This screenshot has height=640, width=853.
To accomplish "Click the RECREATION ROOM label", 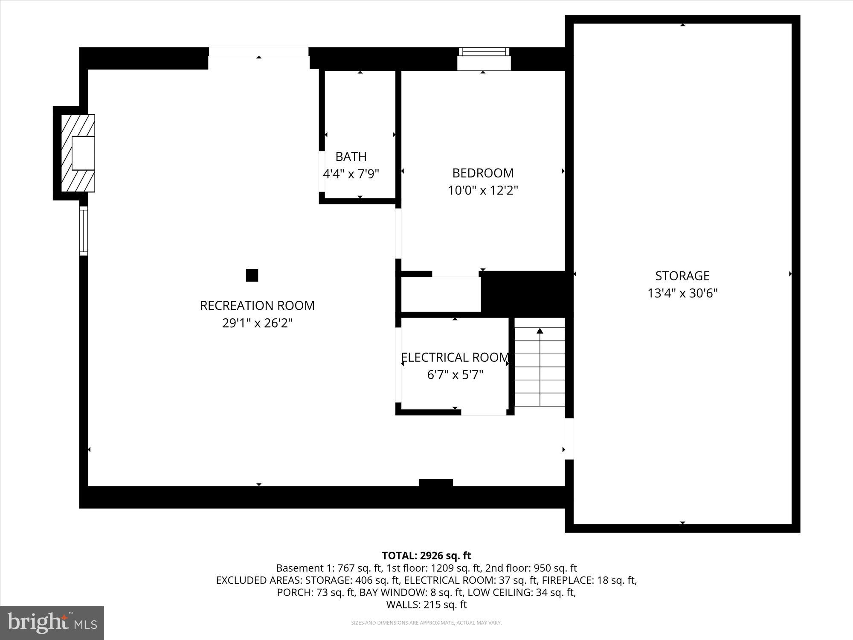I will coord(257,305).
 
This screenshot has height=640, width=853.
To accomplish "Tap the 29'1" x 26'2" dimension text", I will coord(257,323).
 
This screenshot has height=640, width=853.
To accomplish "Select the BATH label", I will coord(351,157).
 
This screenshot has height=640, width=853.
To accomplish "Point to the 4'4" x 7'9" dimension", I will coord(351,174).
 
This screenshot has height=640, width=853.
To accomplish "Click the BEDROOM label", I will coord(483,173).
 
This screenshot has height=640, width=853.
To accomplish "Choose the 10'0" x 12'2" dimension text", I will coord(483,190).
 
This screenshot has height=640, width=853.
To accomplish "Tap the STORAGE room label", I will coord(682,276).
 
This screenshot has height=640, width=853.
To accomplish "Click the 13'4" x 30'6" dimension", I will coord(682,294).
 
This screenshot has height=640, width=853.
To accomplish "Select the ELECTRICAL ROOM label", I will coord(455,357).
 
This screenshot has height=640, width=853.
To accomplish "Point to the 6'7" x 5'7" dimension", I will coord(455,375).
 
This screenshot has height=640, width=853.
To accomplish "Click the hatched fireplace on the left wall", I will coord(78,153).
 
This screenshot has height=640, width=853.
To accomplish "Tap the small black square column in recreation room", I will coord(252,275).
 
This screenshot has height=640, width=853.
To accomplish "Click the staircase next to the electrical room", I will coord(540,367).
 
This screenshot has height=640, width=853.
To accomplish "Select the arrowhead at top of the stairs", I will coord(540,331).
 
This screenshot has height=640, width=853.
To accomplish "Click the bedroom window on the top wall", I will coord(484,59).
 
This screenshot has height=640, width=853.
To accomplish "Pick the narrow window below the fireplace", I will coord(84,231).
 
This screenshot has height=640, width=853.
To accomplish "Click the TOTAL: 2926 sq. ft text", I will coord(426,556).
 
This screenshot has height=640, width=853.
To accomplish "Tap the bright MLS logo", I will coord(52,623).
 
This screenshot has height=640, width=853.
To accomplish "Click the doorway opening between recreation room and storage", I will coord(569,439).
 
